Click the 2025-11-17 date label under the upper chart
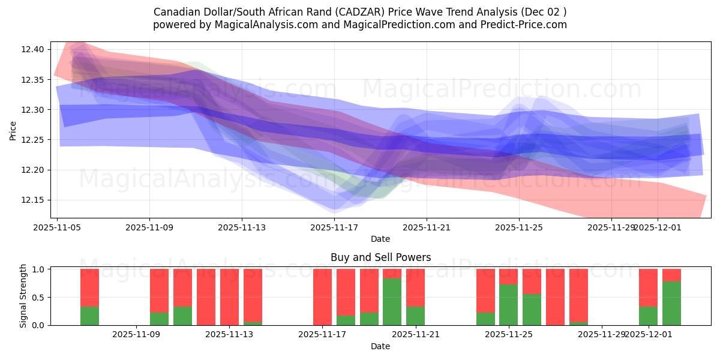click(x=334, y=227)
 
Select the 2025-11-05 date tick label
click(x=57, y=227)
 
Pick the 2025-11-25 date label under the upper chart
click(x=519, y=227)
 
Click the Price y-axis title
click(x=13, y=130)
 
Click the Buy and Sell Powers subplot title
click(x=380, y=257)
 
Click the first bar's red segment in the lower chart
click(x=89, y=287)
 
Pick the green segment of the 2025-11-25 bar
click(x=508, y=304)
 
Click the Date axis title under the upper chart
click(x=380, y=239)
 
